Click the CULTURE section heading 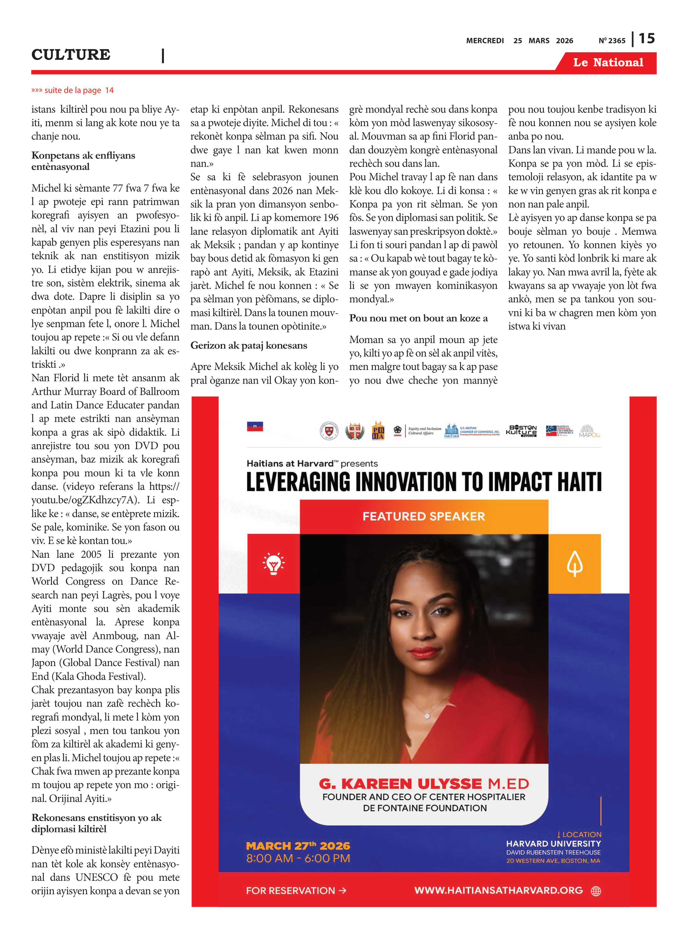71,54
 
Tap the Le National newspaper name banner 608,63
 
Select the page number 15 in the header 647,38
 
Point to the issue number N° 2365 612,40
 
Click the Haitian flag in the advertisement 255,426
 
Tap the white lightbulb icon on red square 273,564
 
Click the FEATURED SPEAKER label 423,516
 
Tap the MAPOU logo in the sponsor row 589,431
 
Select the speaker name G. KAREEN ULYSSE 400,784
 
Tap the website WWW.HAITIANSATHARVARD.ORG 498,890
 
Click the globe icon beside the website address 596,891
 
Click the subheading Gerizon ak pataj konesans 249,345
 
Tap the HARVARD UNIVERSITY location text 554,844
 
